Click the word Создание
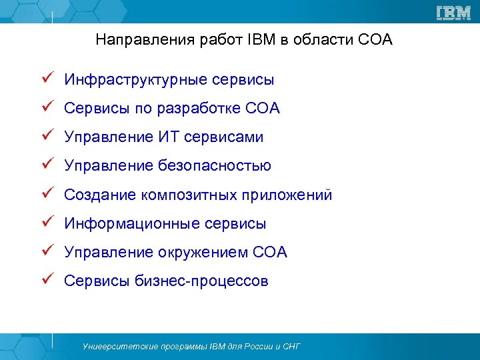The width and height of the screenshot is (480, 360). [101, 195]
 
